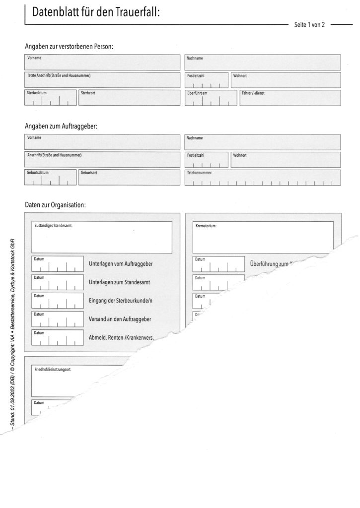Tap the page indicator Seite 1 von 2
point(309,24)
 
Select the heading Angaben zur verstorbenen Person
point(69,47)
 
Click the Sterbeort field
point(129,98)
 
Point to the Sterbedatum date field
point(50,98)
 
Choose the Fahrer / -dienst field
point(289,98)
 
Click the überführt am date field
point(211,98)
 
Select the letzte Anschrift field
point(102,80)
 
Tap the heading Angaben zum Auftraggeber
point(61,126)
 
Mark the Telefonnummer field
point(263,177)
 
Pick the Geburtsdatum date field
point(50,177)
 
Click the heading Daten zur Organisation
point(55,204)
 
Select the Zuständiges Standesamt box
point(102,237)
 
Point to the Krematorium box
point(263,237)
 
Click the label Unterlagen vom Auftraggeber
point(120,264)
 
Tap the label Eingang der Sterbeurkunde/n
point(120,301)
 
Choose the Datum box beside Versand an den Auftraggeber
point(58,319)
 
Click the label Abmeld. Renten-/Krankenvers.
point(121,338)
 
